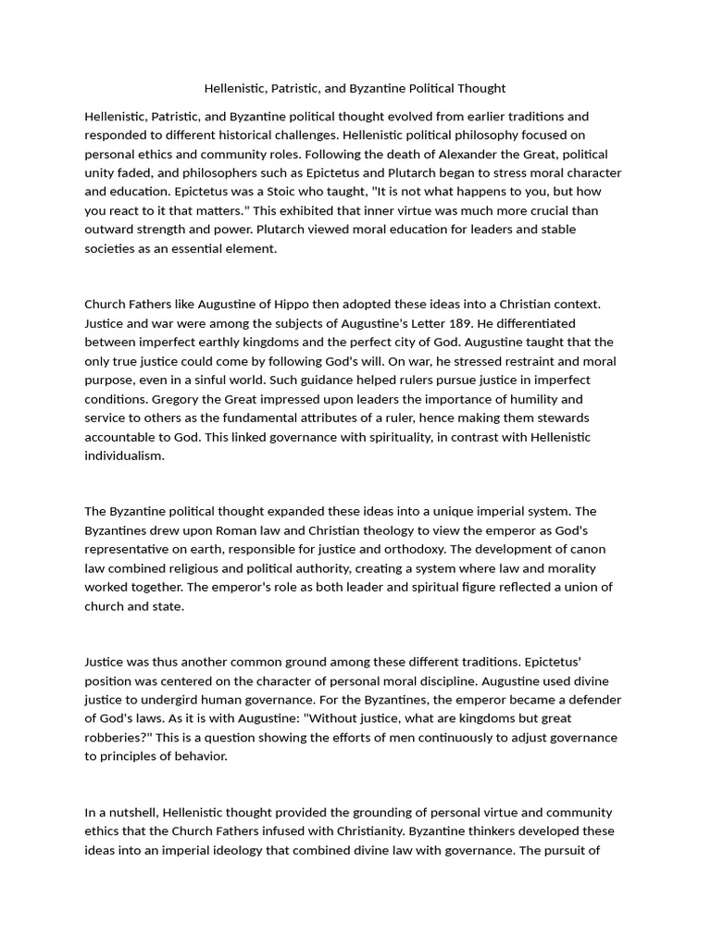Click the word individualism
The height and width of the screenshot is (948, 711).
click(x=124, y=455)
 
